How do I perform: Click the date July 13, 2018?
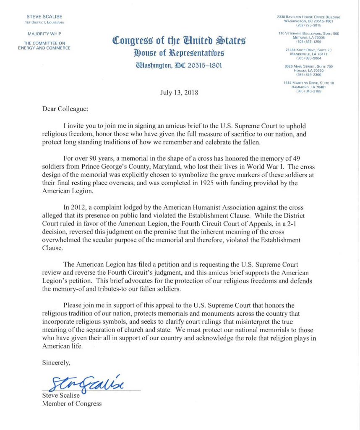click(x=180, y=92)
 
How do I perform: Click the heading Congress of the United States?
click(x=179, y=41)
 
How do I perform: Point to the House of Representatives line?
click(x=179, y=53)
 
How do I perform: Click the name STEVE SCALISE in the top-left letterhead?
click(x=45, y=17)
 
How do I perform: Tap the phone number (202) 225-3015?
click(x=308, y=25)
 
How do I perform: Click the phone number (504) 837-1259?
click(x=308, y=42)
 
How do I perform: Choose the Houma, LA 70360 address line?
click(x=308, y=71)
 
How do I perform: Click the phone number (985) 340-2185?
click(x=308, y=91)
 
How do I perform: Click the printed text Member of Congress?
click(x=72, y=404)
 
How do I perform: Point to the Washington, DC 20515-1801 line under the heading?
click(x=179, y=66)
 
